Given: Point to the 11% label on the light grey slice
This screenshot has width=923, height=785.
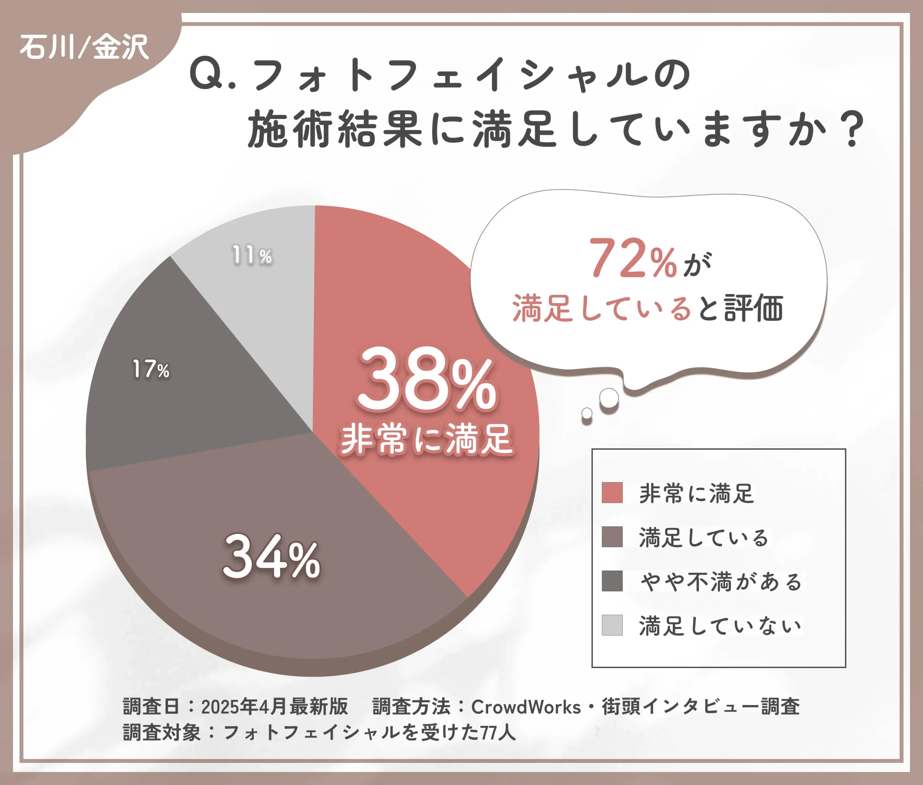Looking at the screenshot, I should pos(252,256).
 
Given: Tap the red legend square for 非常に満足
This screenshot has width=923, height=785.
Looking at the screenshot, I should pos(612,493).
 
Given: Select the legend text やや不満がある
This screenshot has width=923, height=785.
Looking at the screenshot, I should pos(720,582).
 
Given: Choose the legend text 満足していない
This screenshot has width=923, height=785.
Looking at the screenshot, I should pos(720,626).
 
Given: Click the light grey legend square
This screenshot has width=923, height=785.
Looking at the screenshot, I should pos(612,625).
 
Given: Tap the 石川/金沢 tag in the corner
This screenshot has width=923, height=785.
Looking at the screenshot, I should pos(84,47).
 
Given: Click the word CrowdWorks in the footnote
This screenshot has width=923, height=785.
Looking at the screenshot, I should pos(526,707).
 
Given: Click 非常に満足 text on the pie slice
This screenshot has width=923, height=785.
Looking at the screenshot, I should pos(427,440).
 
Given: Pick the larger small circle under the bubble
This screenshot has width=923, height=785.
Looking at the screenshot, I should pos(609,398).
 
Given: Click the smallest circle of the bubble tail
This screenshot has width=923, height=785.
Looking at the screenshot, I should pos(587,413).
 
